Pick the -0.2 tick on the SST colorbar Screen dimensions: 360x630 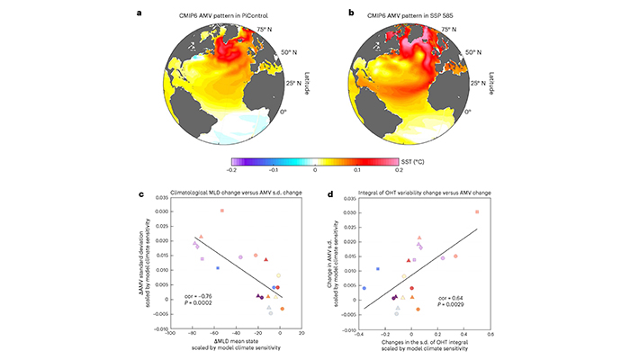[233, 169]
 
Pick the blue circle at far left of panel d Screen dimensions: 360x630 [364, 288]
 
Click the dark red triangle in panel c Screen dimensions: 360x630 [265, 259]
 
